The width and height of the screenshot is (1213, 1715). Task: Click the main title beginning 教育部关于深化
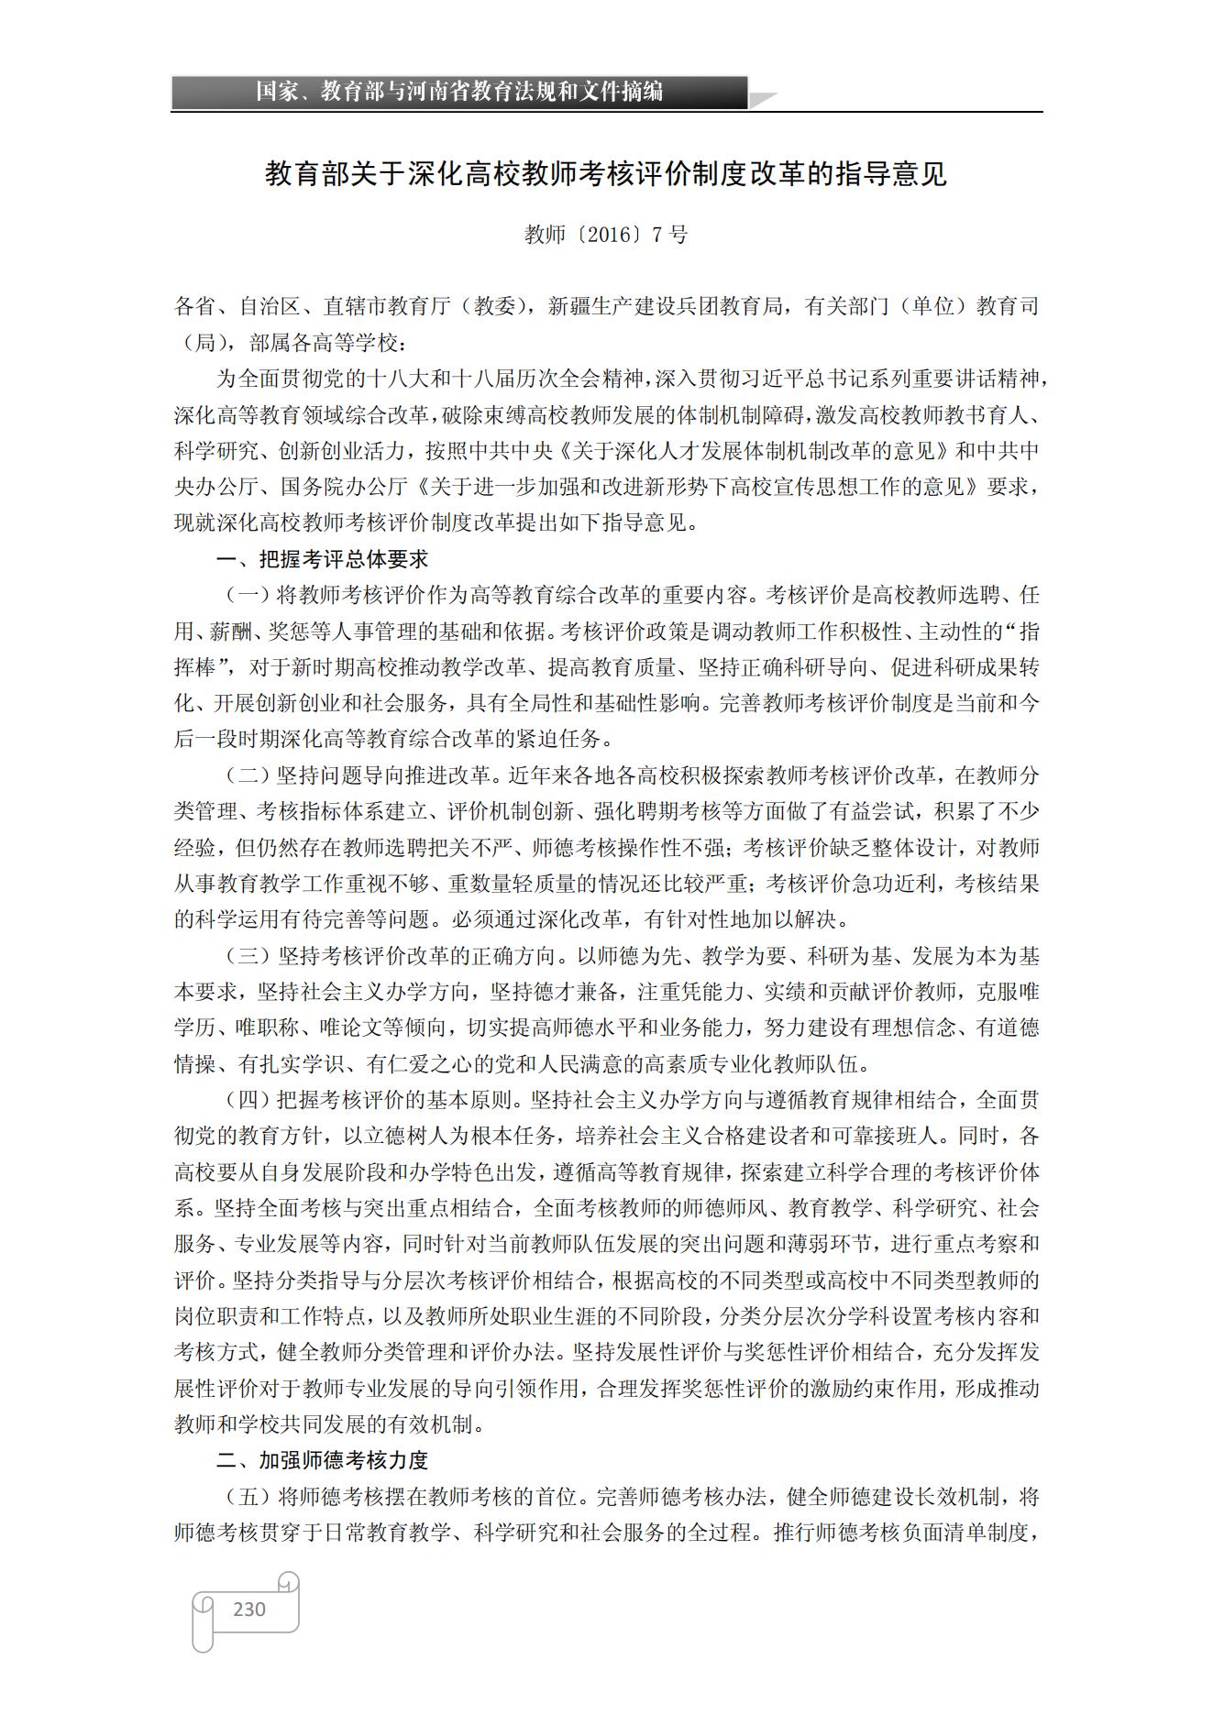tap(606, 173)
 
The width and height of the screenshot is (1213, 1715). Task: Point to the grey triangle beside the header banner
tap(763, 99)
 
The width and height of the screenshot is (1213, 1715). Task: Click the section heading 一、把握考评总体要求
tap(322, 559)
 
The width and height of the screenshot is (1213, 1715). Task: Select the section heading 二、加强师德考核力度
tap(322, 1460)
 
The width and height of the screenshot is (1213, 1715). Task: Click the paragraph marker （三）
tap(248, 956)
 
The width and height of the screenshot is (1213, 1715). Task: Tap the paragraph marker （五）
tap(248, 1497)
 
